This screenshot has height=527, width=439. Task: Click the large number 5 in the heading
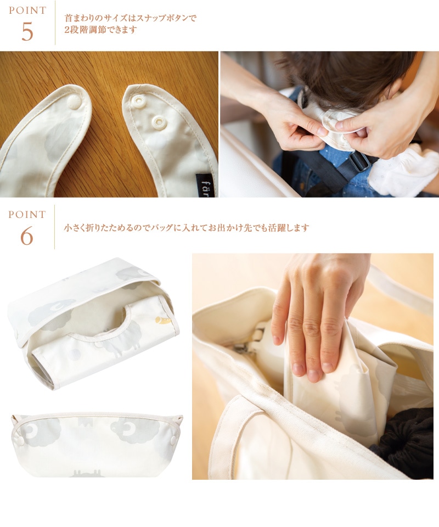point(27,32)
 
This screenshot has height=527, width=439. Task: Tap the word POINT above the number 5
point(27,10)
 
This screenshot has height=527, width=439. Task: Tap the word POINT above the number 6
point(27,215)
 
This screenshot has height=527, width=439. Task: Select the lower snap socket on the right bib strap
point(159,122)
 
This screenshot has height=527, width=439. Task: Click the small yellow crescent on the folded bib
point(163,321)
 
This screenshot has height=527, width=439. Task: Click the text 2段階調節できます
point(100,30)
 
